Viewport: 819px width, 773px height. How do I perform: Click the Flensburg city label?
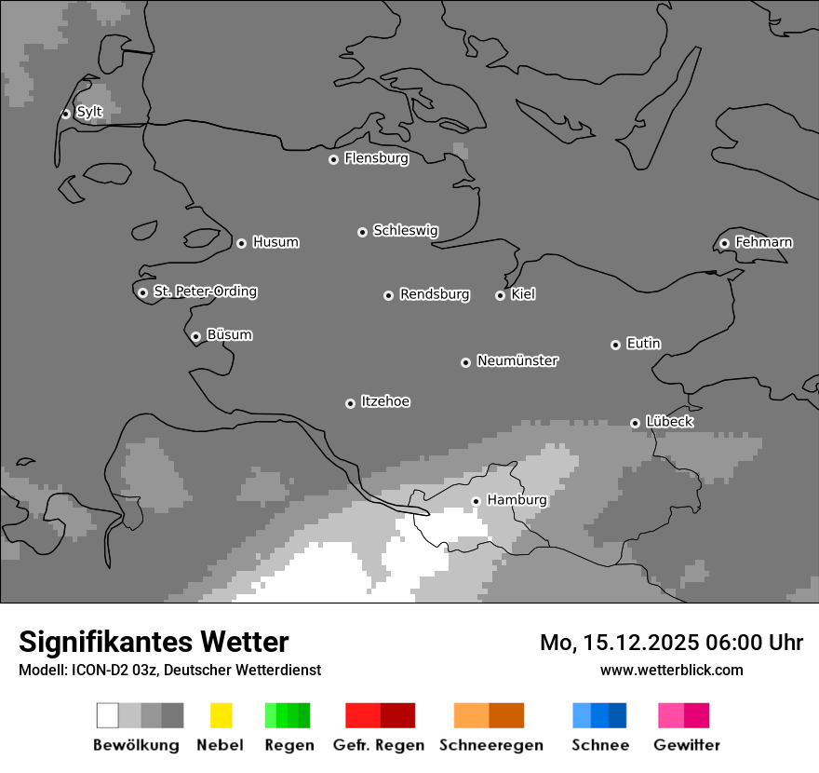tap(376, 158)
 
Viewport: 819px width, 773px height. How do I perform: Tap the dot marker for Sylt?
tap(66, 114)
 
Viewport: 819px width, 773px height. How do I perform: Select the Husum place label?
tap(275, 242)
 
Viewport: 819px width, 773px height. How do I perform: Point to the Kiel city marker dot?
tap(500, 295)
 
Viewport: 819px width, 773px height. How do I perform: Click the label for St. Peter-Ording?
tap(205, 292)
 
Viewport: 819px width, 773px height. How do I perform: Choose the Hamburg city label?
tap(517, 500)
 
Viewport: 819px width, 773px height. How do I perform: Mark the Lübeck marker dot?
tap(636, 423)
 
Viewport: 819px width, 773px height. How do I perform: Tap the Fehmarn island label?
tap(763, 242)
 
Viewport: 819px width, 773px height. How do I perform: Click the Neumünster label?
tap(517, 360)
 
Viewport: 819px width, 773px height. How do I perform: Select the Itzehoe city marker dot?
tap(350, 403)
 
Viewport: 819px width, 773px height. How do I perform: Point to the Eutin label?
tap(643, 344)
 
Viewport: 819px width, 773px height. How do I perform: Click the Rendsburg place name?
tap(435, 294)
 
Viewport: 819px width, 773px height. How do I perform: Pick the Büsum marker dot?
tap(195, 337)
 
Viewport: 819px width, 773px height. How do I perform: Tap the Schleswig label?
tap(405, 230)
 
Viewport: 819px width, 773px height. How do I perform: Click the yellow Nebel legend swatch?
tap(221, 715)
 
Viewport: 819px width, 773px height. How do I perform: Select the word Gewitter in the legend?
tap(687, 745)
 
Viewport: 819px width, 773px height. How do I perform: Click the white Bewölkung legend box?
tap(108, 715)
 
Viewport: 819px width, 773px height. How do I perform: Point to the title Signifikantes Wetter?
tap(154, 642)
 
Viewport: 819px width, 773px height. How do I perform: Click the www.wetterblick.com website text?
tap(671, 670)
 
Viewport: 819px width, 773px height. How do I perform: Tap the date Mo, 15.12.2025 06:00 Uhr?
tap(671, 643)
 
